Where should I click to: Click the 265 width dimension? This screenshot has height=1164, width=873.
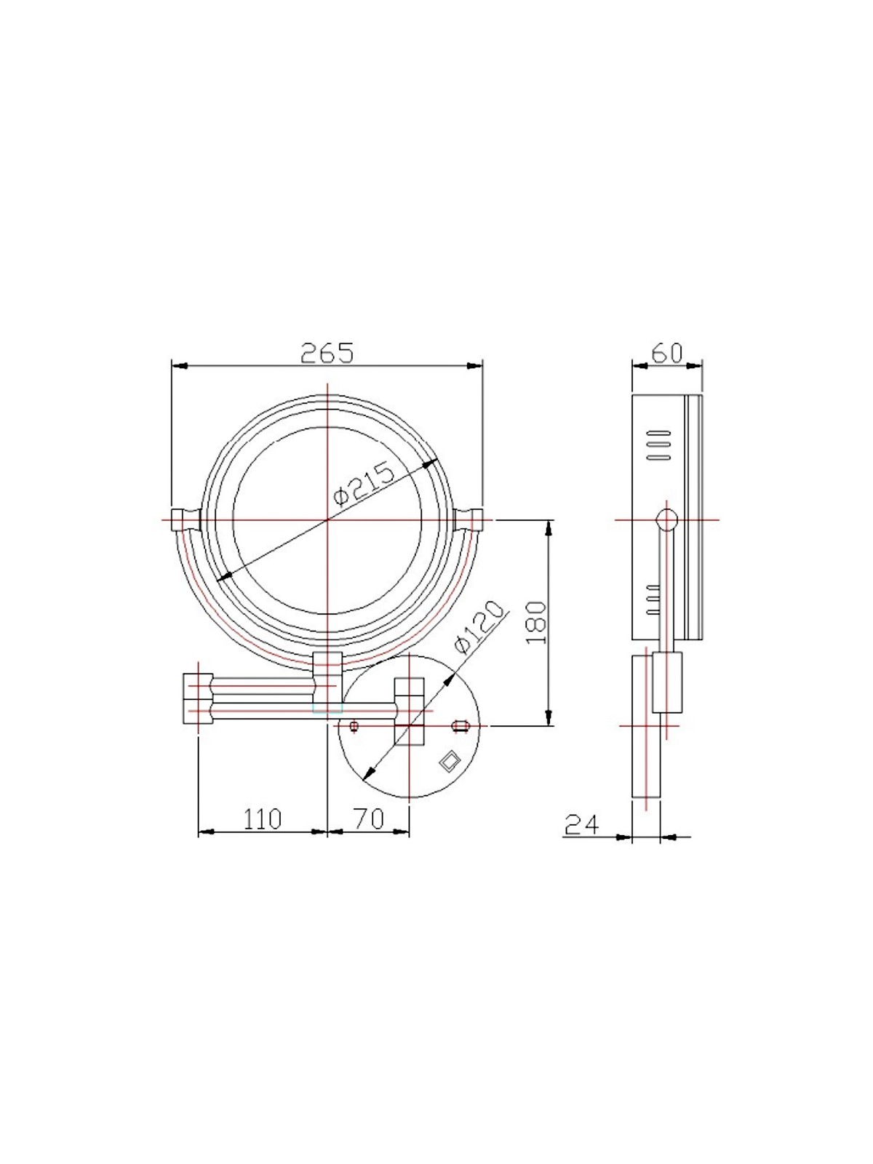pos(327,353)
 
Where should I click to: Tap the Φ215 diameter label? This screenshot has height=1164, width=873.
pos(364,484)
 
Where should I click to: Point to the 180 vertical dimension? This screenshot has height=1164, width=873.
pos(536,622)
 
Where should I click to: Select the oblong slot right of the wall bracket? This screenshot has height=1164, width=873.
pos(459,725)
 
